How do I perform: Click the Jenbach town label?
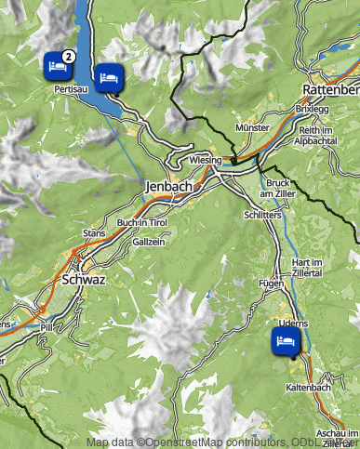(168, 187)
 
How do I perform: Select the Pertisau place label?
(71, 89)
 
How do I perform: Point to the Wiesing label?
(205, 160)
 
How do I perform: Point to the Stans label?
(94, 231)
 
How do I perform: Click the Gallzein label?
(149, 241)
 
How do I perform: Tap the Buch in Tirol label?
(141, 223)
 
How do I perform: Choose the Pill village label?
(47, 326)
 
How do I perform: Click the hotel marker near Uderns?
(285, 342)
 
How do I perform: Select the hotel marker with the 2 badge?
(57, 66)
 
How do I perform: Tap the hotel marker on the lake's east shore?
(109, 77)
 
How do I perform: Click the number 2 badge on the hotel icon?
(68, 56)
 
